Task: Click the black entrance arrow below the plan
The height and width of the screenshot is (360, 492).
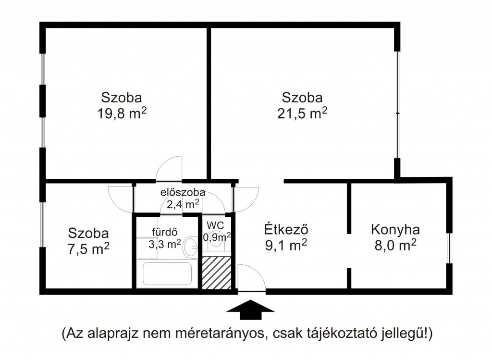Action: tap(250, 310)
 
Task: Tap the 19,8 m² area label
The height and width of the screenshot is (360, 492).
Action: tap(122, 113)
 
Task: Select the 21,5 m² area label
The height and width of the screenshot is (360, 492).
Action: tap(302, 113)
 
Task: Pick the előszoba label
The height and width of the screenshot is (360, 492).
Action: tap(183, 192)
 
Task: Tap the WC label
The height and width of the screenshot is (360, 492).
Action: tap(215, 225)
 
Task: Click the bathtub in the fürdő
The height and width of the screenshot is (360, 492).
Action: tap(167, 273)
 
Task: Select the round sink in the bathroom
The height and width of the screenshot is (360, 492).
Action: tap(190, 247)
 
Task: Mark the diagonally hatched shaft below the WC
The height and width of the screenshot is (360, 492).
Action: tap(217, 273)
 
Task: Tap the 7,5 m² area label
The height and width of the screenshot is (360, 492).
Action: tap(88, 249)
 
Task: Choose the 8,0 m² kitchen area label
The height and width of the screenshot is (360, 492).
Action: tap(395, 245)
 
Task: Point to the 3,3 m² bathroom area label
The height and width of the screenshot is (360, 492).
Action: tap(165, 244)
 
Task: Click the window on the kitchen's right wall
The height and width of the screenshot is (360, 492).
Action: tap(449, 248)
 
